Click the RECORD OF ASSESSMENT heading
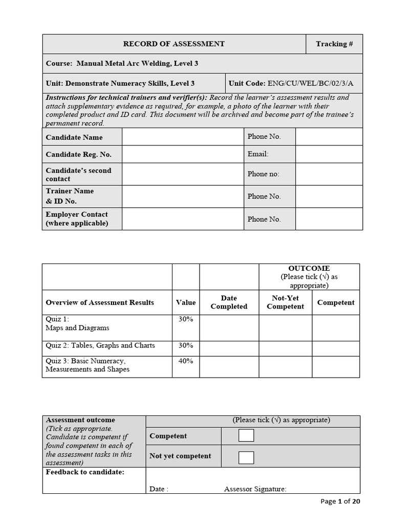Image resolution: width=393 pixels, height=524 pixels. click(x=173, y=44)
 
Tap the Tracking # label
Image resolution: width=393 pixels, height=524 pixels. click(x=334, y=44)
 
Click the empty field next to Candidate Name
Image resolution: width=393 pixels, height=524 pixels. click(x=183, y=137)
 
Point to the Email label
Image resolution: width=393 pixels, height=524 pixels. click(x=258, y=154)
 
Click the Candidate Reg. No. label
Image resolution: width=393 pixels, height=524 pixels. click(x=78, y=154)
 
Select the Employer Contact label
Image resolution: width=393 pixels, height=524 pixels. click(x=77, y=219)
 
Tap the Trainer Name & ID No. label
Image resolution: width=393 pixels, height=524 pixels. click(x=70, y=196)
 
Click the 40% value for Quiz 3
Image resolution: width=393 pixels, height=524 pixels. click(x=186, y=361)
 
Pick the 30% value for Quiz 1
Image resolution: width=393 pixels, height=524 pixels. click(x=186, y=319)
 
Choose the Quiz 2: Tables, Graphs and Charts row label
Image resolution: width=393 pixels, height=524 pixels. click(x=100, y=345)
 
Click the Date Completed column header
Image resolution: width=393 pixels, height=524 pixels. click(x=229, y=302)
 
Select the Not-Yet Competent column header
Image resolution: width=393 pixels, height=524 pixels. click(x=285, y=302)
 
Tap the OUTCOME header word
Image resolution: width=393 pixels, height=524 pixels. click(x=309, y=268)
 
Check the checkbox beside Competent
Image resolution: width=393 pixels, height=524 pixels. click(x=246, y=435)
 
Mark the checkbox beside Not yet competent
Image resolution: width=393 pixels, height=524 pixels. click(x=246, y=457)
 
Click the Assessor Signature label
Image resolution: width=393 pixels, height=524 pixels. click(x=255, y=489)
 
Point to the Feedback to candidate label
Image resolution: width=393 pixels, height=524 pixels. click(x=85, y=472)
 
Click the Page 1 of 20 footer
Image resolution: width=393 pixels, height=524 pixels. click(x=340, y=501)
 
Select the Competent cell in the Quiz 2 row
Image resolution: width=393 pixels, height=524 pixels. click(x=336, y=348)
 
